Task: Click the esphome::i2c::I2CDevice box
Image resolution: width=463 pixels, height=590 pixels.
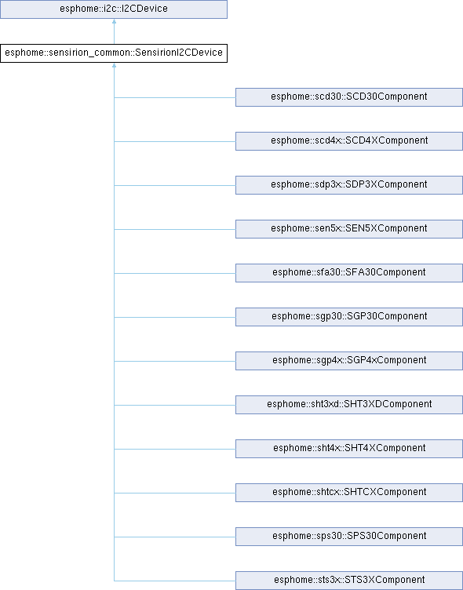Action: (114, 9)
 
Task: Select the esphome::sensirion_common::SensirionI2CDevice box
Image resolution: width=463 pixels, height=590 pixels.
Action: (114, 53)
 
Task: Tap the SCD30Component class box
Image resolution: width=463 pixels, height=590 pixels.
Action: (349, 97)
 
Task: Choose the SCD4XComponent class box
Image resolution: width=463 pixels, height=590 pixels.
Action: (349, 141)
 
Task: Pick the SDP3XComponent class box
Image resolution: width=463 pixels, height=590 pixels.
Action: (349, 185)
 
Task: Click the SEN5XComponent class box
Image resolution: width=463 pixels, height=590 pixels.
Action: (349, 229)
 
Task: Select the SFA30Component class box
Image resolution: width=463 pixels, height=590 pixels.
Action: (349, 273)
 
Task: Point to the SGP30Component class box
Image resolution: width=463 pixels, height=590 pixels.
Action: (349, 317)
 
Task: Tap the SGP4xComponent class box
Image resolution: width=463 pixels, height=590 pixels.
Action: (349, 361)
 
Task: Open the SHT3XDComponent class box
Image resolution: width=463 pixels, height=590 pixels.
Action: (349, 405)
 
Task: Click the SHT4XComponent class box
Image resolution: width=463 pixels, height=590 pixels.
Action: (349, 449)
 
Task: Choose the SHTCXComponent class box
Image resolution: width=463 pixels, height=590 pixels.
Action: (349, 493)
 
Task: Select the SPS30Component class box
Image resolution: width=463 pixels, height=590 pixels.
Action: (349, 537)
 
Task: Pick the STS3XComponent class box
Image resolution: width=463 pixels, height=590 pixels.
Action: (349, 581)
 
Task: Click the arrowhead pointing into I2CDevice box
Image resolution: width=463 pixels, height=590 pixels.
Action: (114, 21)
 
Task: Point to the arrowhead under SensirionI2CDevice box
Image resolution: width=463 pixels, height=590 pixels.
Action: (114, 65)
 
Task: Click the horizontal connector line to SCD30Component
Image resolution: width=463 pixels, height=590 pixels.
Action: (175, 98)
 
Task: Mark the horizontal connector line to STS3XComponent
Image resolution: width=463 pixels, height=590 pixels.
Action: (175, 581)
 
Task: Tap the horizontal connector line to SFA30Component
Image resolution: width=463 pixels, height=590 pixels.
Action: (175, 274)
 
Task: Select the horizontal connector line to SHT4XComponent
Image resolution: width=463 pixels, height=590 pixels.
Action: (175, 450)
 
